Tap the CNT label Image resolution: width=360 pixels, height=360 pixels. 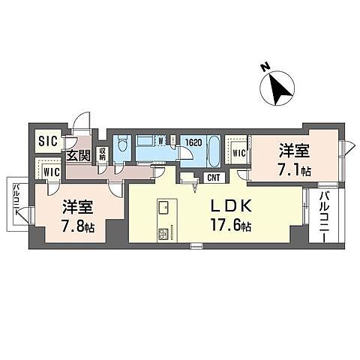click(213, 178)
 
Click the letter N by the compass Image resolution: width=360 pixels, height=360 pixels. click(265, 68)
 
